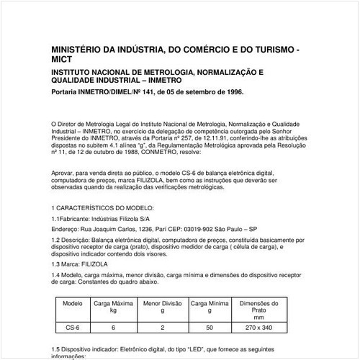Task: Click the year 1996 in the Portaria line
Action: [233, 92]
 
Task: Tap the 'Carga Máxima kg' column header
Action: [113, 307]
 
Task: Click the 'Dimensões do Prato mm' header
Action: [258, 310]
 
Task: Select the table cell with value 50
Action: [210, 327]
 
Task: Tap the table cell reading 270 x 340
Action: [258, 327]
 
